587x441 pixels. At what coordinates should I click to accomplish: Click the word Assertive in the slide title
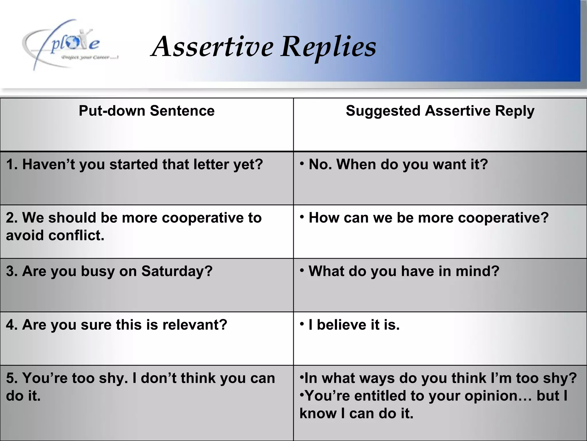pos(212,47)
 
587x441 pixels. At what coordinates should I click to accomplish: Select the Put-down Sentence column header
pos(146,111)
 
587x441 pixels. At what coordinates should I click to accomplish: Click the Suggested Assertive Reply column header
pos(440,111)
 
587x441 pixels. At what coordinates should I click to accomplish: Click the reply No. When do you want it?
pos(398,165)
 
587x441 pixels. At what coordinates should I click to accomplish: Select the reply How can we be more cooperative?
pos(428,218)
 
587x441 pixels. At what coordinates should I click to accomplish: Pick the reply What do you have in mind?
pos(404,271)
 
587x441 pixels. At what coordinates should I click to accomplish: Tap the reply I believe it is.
pos(354,325)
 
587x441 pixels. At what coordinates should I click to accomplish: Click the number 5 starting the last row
pos(9,378)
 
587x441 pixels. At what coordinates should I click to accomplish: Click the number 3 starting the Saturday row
pos(9,271)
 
